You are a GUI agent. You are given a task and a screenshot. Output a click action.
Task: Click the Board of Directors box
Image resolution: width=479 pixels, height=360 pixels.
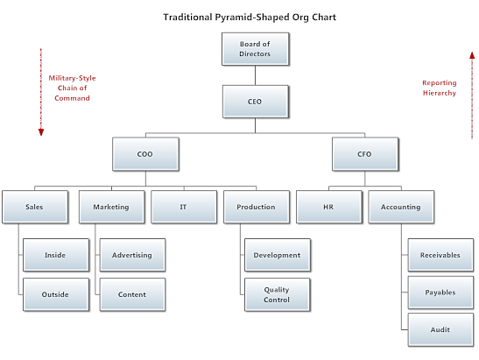coord(256,49)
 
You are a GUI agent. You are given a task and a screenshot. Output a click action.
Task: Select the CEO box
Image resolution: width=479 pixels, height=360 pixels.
coord(256,102)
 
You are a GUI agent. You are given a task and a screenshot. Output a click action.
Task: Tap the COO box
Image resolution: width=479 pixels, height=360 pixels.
coord(145,154)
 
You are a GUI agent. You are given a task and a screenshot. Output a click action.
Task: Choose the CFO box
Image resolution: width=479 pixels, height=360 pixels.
coord(365,154)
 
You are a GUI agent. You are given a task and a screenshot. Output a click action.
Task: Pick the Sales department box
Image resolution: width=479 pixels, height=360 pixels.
coord(35,207)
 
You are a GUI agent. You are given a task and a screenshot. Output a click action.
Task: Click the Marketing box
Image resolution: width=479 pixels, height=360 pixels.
coord(112,207)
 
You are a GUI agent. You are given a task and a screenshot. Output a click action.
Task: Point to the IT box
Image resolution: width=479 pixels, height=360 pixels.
coord(184,207)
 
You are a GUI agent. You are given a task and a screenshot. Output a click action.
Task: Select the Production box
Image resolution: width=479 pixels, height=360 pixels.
coord(257,207)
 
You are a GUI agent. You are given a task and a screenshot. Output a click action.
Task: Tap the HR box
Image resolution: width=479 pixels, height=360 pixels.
coord(329,207)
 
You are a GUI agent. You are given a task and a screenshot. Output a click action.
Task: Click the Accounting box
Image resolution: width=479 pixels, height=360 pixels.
coord(401,207)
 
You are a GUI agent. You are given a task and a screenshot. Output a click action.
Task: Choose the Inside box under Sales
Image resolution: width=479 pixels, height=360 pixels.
coord(56,255)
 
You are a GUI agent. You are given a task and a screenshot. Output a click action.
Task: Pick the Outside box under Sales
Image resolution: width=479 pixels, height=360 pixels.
coord(56,294)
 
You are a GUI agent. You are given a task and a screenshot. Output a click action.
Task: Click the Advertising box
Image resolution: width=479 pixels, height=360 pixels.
coord(132,255)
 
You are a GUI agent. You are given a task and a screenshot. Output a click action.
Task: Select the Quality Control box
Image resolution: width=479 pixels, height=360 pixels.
coord(278,294)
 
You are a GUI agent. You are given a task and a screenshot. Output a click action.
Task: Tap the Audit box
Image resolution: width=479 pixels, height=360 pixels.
coord(440,329)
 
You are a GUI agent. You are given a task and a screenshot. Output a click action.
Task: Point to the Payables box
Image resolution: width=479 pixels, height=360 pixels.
coord(440,293)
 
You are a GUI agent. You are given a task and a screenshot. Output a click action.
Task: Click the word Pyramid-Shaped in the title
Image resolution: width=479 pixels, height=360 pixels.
coord(251,18)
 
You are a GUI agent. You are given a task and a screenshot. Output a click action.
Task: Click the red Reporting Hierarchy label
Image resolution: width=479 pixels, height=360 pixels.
coord(440,88)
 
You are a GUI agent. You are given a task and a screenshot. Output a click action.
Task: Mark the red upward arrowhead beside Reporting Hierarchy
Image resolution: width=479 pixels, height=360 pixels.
coord(472,55)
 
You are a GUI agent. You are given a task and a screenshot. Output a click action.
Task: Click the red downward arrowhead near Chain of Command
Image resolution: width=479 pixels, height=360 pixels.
coord(41,132)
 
